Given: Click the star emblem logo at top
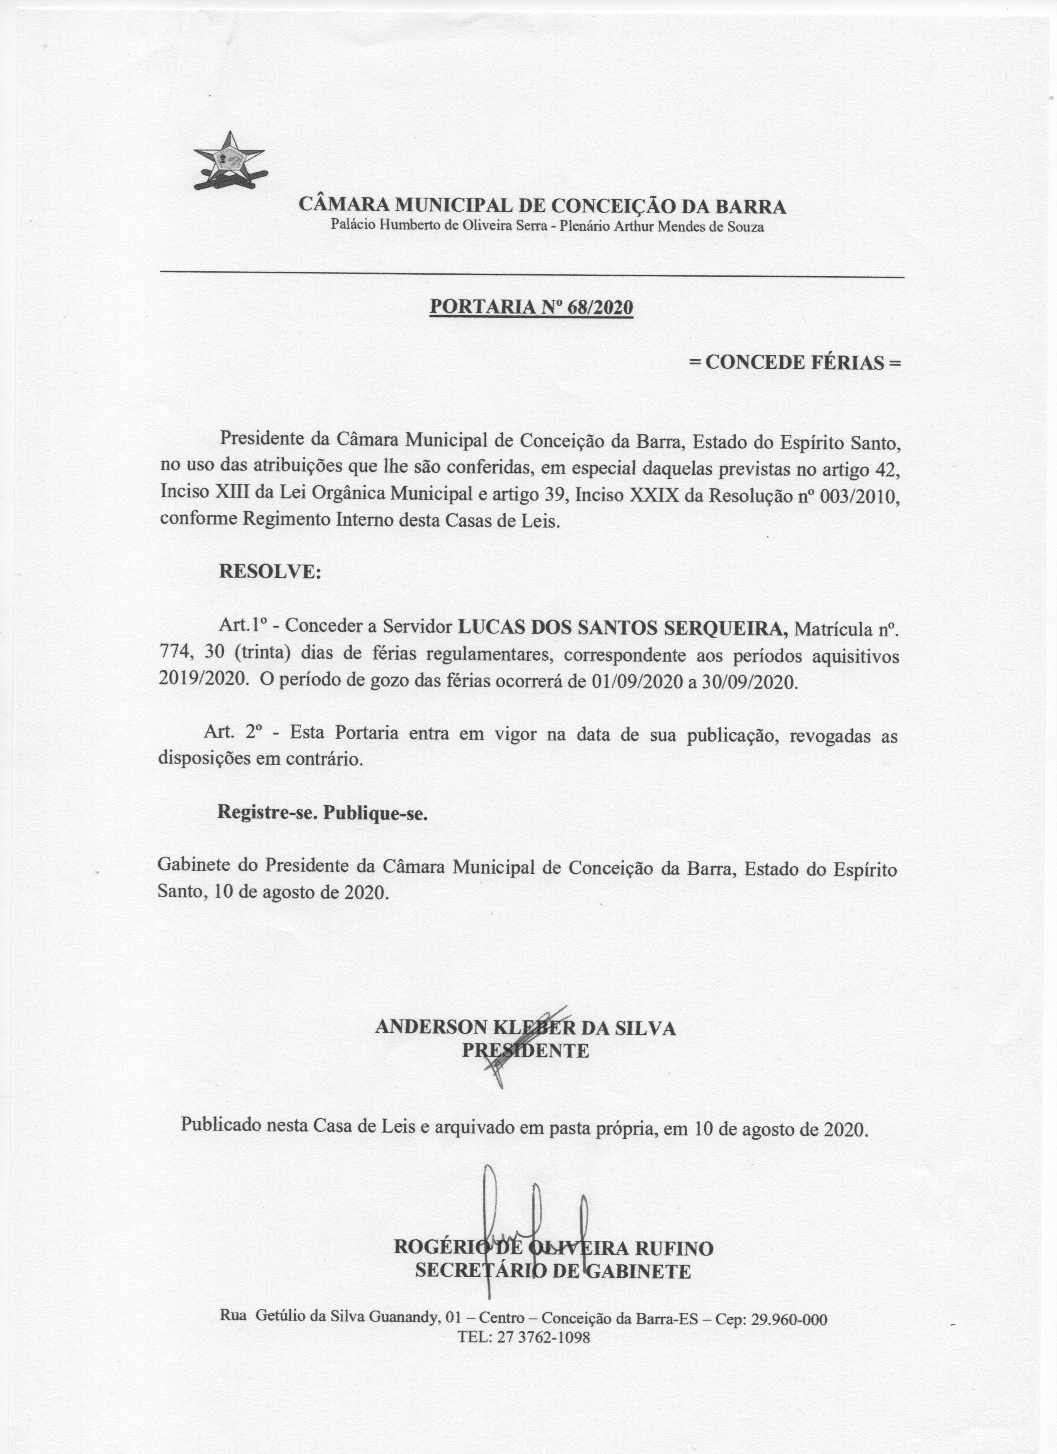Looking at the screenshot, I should [x=229, y=160].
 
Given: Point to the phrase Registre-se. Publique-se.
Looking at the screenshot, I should [x=322, y=813].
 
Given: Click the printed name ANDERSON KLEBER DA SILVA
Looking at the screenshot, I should [x=525, y=1028].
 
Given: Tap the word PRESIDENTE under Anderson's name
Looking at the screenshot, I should [x=525, y=1051].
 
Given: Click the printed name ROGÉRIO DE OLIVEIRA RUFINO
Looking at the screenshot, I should [x=553, y=1248].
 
